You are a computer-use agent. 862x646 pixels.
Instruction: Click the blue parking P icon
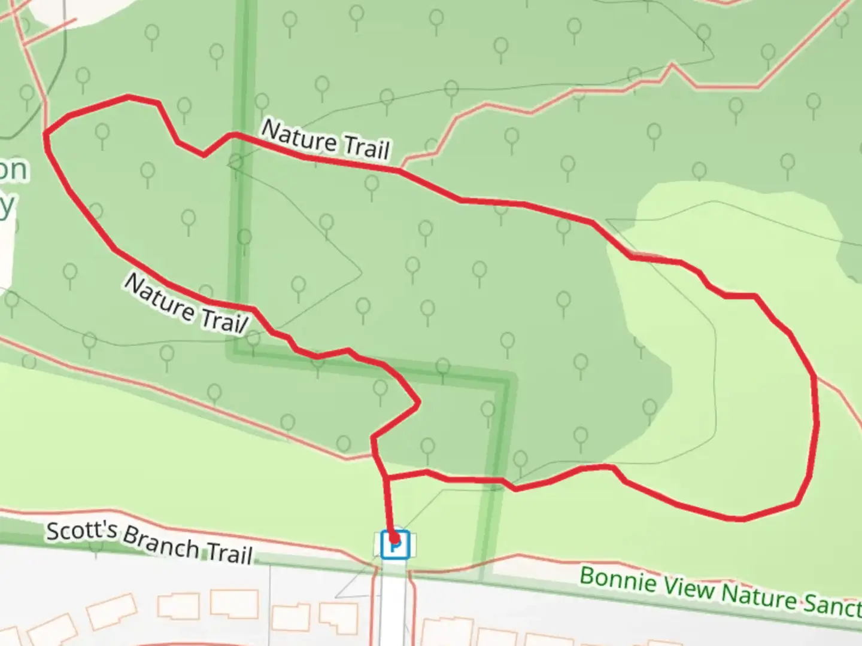(x=395, y=545)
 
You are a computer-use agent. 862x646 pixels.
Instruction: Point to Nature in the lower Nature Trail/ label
(x=158, y=298)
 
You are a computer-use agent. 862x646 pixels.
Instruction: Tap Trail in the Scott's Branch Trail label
(x=229, y=554)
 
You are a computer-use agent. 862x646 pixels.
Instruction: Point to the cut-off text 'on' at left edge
(x=13, y=170)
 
